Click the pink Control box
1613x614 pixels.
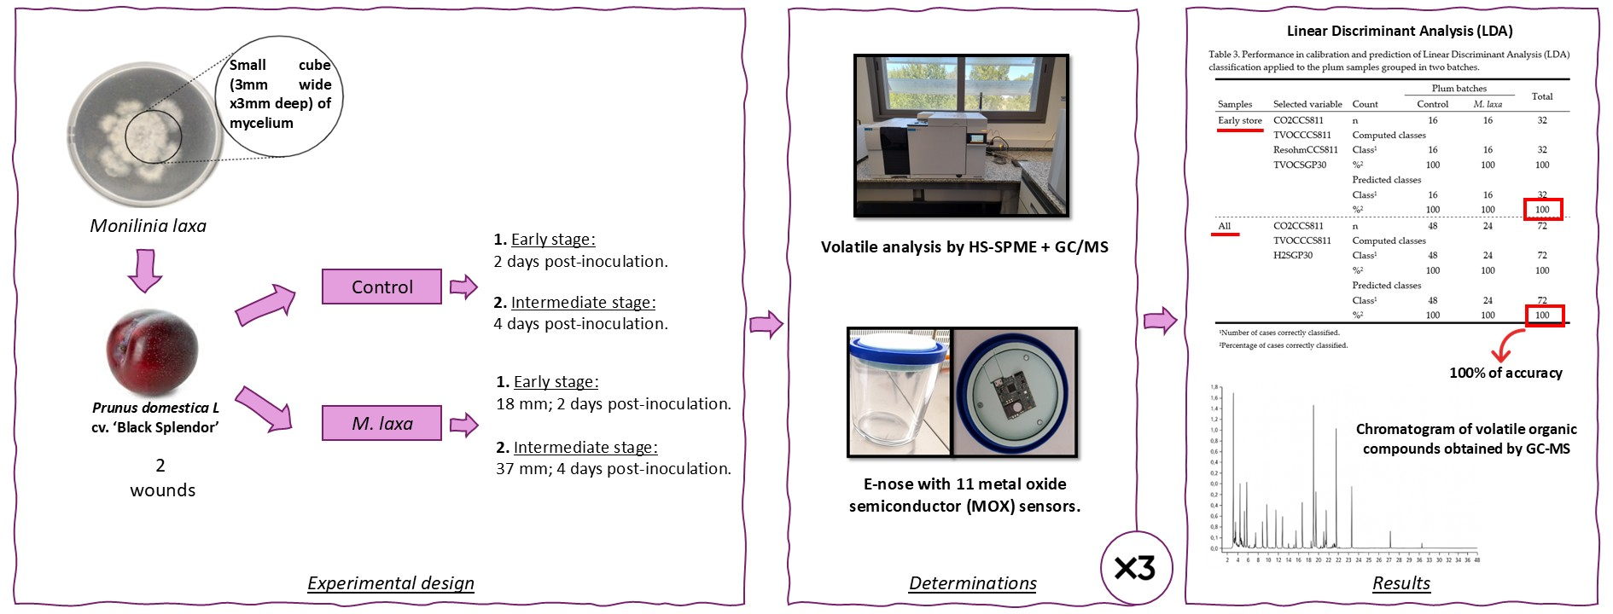tap(381, 287)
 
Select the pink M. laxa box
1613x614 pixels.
tap(381, 423)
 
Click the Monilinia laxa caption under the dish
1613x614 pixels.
tap(148, 226)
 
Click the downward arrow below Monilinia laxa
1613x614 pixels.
tap(145, 270)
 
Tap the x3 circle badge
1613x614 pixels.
tap(1135, 568)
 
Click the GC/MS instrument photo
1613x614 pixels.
tap(961, 136)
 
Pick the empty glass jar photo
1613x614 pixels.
tap(899, 393)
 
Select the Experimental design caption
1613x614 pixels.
tap(390, 583)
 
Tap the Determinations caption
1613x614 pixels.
tap(972, 583)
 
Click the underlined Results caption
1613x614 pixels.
tap(1400, 583)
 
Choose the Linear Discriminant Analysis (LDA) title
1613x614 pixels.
tap(1400, 32)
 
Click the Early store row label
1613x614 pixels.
tap(1239, 121)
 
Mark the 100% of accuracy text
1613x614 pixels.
tap(1505, 373)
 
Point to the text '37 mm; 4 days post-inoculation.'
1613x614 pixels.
tap(613, 469)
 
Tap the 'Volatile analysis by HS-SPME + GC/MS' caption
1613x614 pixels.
tap(964, 247)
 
